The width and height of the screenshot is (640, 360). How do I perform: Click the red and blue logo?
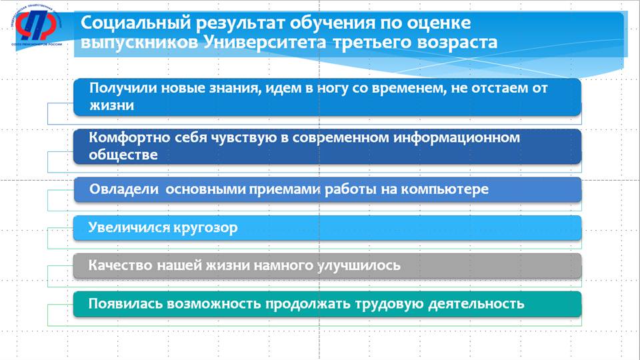tap(36, 26)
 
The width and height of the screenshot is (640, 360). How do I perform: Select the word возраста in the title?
tap(457, 43)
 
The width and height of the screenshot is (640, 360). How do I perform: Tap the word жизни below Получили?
tap(112, 106)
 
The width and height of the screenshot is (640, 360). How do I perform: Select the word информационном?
tap(457, 138)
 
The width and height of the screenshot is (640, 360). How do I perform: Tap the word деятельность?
tap(476, 304)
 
